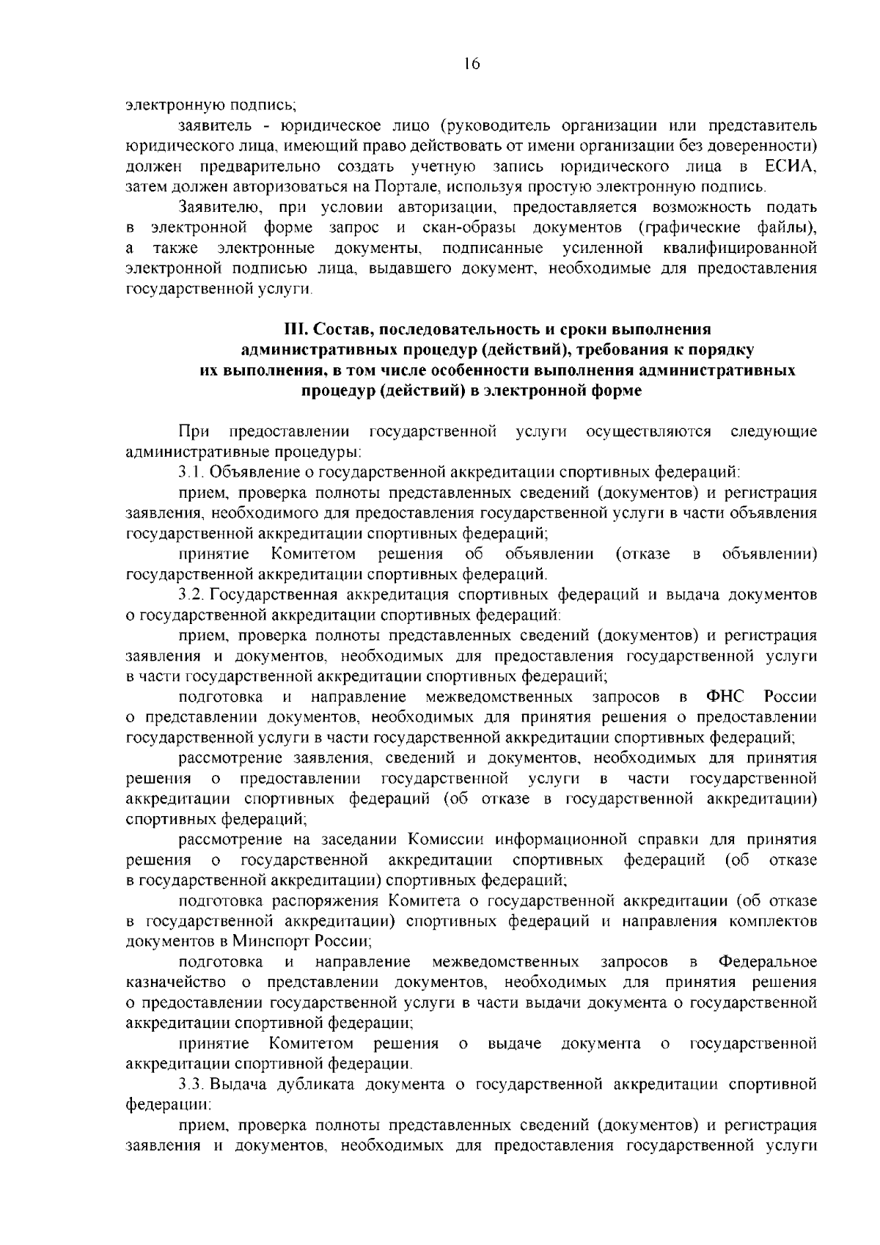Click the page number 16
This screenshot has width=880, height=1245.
click(471, 65)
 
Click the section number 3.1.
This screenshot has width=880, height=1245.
click(192, 471)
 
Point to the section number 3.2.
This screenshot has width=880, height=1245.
click(192, 593)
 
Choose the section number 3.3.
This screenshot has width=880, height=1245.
click(192, 1082)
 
